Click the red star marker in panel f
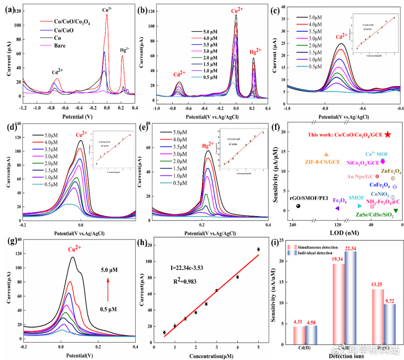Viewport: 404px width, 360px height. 388,134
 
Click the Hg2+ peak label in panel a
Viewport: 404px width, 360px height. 124,50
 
